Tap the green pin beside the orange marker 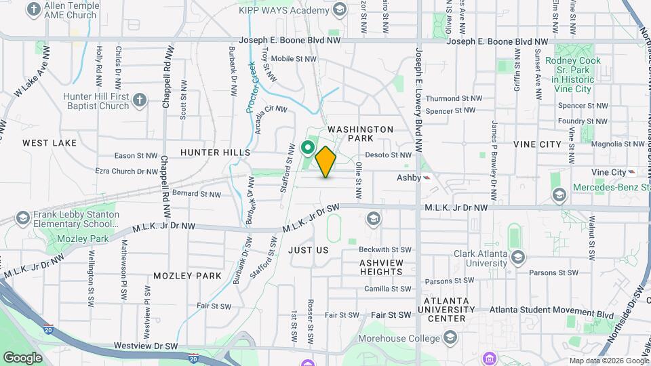tap(307, 146)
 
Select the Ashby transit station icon tap(427, 177)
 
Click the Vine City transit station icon tap(632, 172)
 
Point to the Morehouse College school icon tap(450, 338)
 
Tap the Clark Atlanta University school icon tap(518, 257)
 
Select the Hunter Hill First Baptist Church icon tap(140, 100)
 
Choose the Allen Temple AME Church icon tap(35, 9)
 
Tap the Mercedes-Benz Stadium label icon tap(559, 196)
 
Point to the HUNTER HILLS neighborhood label tap(216, 152)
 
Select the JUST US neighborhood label tap(309, 250)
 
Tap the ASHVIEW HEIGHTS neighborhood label tap(381, 267)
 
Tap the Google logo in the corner tap(22, 357)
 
